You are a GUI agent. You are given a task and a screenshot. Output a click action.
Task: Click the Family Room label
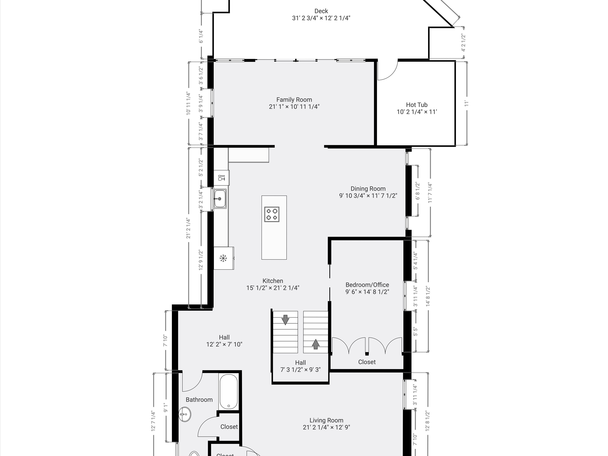pyautogui.click(x=294, y=100)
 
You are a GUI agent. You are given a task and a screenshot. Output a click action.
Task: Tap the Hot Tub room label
pyautogui.click(x=417, y=105)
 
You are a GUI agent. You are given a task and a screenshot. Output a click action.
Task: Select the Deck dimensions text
pyautogui.click(x=321, y=18)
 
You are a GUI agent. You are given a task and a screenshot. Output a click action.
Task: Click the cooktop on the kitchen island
pyautogui.click(x=272, y=214)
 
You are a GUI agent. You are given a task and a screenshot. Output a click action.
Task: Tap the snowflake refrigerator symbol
pyautogui.click(x=223, y=258)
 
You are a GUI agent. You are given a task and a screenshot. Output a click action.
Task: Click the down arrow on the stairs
pyautogui.click(x=285, y=320)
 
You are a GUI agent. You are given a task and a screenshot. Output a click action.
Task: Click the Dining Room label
pyautogui.click(x=368, y=189)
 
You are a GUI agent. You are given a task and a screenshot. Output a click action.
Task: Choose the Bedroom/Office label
pyautogui.click(x=367, y=285)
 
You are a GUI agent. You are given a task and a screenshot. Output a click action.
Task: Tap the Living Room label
pyautogui.click(x=326, y=420)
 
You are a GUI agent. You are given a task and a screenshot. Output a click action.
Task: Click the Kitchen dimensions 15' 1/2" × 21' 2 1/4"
pyautogui.click(x=273, y=288)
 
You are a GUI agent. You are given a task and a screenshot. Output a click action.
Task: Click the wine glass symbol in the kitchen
pyautogui.click(x=221, y=178)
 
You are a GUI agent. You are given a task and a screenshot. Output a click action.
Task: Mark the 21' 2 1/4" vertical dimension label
pyautogui.click(x=188, y=228)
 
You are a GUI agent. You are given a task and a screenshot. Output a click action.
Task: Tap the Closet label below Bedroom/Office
pyautogui.click(x=367, y=362)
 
